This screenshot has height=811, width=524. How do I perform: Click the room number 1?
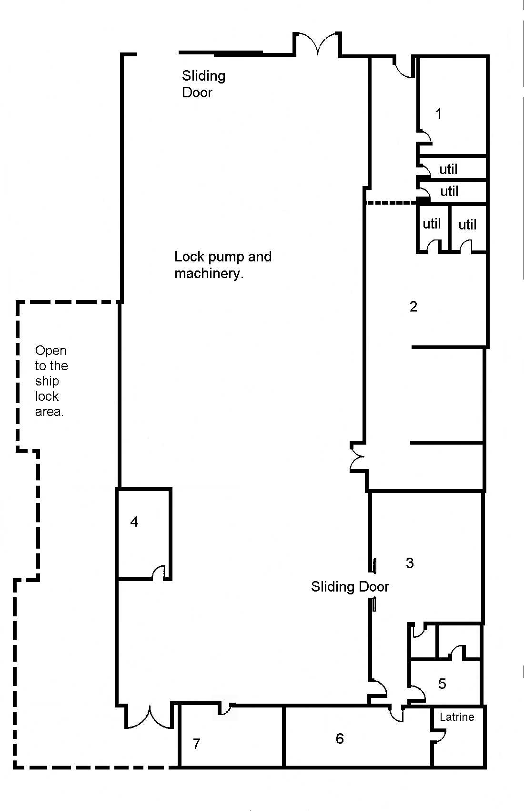click(x=439, y=114)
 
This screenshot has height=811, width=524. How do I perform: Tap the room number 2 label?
click(x=413, y=307)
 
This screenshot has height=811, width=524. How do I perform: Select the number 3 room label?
click(x=410, y=562)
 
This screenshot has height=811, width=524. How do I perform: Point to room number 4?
click(x=134, y=522)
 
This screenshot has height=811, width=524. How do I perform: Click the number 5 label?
click(x=442, y=684)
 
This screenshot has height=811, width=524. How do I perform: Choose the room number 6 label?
click(x=340, y=738)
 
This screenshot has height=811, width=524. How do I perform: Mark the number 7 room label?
click(x=196, y=744)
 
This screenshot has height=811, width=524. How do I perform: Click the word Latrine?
click(x=457, y=717)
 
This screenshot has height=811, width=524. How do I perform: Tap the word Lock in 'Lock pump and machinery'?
click(x=189, y=257)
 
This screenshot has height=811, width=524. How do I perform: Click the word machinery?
click(x=209, y=273)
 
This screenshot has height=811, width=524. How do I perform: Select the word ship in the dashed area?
click(x=47, y=382)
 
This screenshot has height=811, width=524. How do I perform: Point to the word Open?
click(x=50, y=351)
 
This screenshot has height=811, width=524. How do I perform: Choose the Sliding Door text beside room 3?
click(x=350, y=586)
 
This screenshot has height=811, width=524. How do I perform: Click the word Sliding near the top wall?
click(x=203, y=76)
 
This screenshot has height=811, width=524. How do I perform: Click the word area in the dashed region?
click(x=49, y=412)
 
